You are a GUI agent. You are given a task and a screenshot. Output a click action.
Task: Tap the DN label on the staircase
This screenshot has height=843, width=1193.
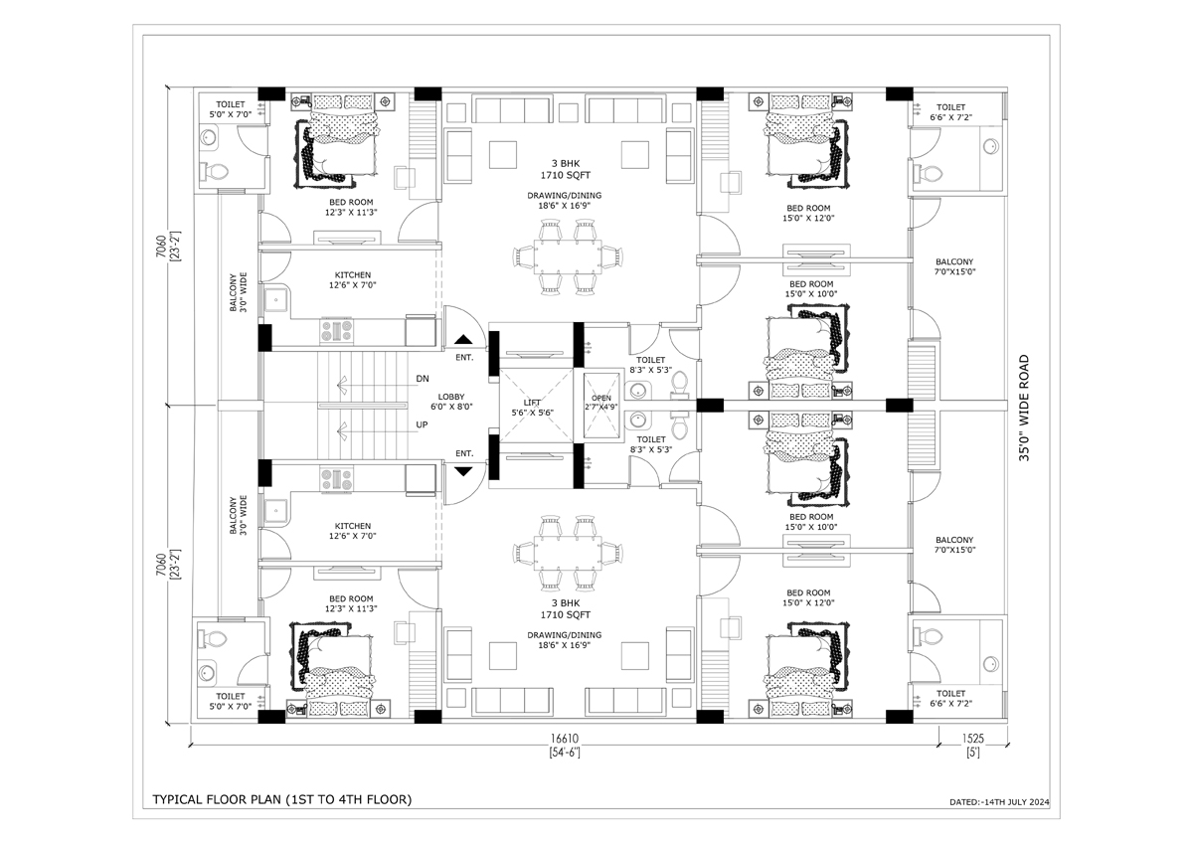[423, 379]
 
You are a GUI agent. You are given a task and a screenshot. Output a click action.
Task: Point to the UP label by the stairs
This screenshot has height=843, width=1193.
[423, 424]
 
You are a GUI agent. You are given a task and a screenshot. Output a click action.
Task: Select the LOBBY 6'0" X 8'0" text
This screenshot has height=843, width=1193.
[451, 403]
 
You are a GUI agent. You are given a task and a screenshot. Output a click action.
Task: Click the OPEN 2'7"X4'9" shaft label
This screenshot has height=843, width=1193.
[601, 402]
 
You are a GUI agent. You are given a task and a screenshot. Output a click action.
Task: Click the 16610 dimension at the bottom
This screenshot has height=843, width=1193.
[564, 739]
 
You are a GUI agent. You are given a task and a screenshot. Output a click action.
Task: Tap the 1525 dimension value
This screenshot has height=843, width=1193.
[973, 739]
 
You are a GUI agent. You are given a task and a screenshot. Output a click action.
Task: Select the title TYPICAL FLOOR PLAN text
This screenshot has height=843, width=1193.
[281, 798]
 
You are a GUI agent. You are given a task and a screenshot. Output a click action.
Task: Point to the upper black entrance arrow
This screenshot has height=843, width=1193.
[463, 339]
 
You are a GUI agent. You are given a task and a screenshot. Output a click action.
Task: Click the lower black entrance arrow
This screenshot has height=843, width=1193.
[463, 470]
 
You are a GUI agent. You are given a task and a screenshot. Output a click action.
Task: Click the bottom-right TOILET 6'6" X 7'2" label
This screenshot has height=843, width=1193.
[950, 699]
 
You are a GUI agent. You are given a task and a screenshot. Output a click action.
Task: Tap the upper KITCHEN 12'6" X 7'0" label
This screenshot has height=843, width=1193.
[352, 279]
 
